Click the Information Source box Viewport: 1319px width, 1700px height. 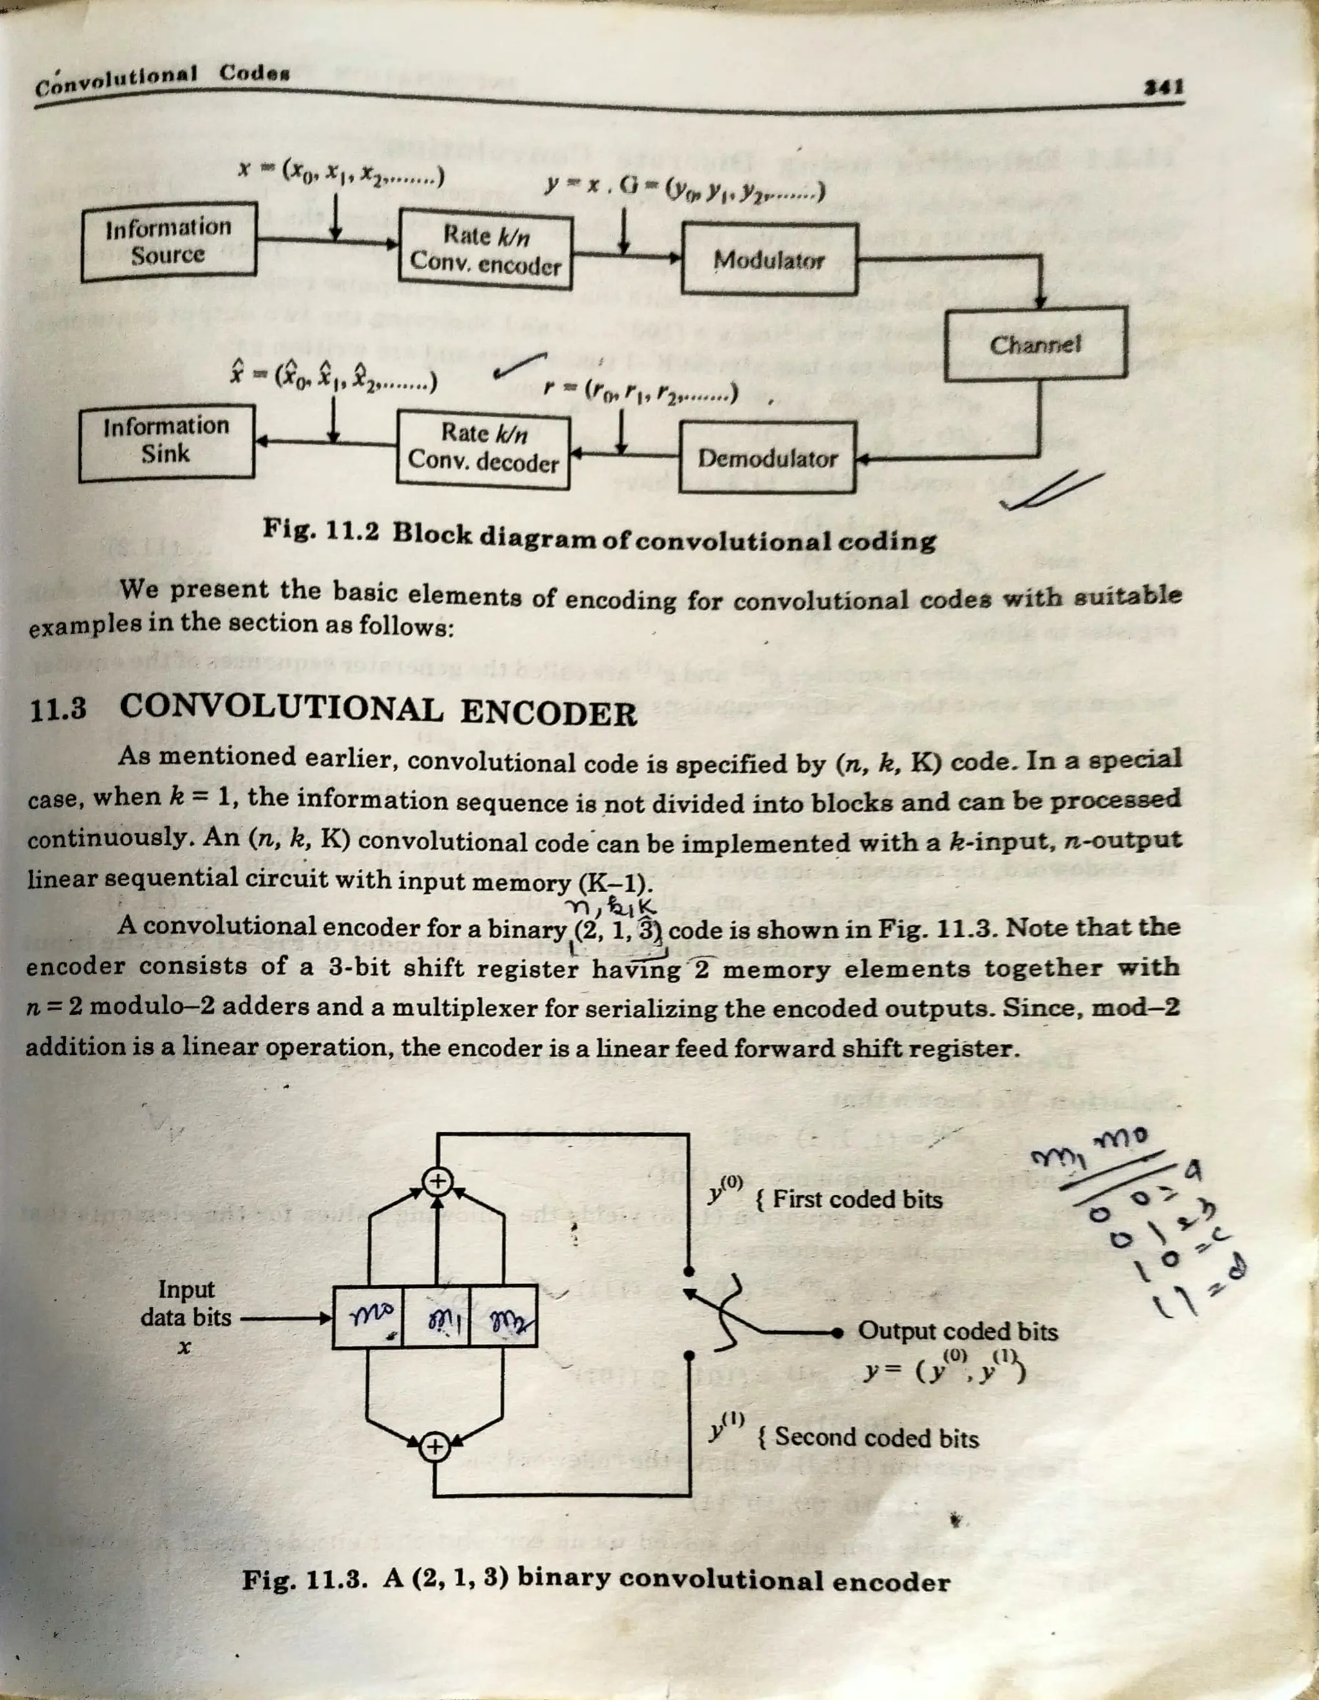169,241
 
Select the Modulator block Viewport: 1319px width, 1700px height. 769,260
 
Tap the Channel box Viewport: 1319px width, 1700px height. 1036,344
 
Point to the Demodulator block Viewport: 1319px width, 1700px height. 768,458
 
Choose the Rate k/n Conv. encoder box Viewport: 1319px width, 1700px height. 485,250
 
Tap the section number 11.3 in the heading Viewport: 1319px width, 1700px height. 57,711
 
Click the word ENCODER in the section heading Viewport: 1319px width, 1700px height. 548,713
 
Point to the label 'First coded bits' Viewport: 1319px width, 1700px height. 857,1200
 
